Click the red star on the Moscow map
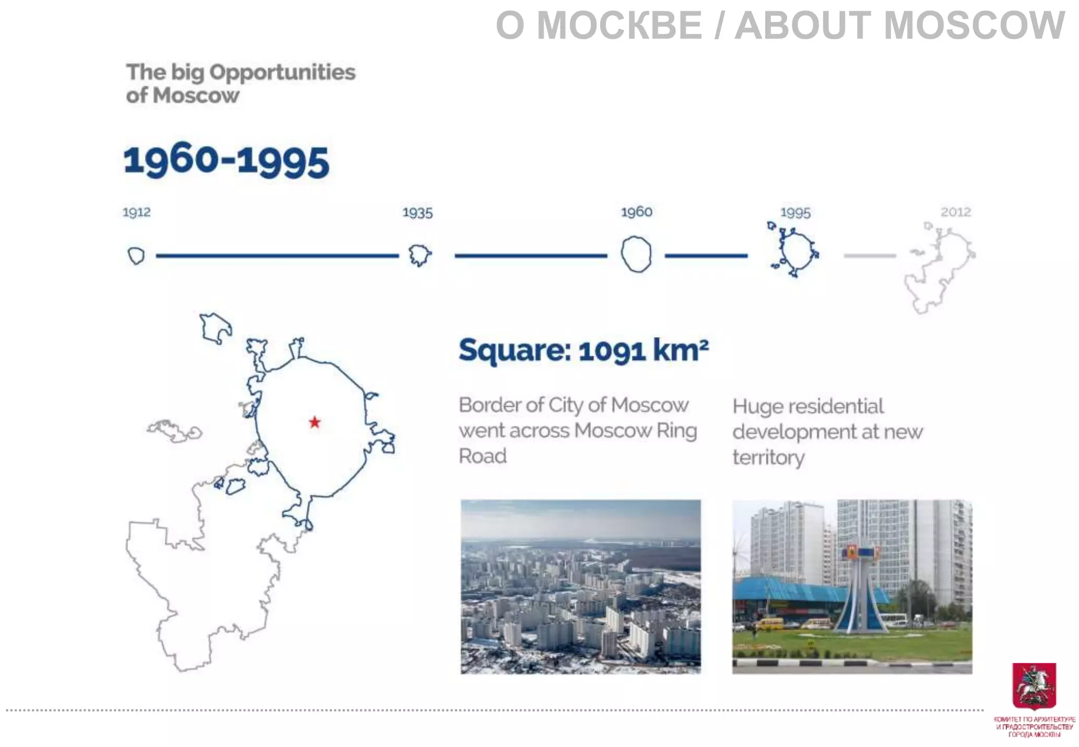315,422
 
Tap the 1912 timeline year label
136,212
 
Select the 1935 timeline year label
417,213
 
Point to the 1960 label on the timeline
636,212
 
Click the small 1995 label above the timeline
795,213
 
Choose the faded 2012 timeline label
956,212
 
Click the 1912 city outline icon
136,256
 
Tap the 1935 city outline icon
419,255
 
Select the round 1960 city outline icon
636,254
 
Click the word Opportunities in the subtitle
282,72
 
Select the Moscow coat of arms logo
1034,685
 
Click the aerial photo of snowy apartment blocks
581,586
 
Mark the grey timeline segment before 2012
869,256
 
